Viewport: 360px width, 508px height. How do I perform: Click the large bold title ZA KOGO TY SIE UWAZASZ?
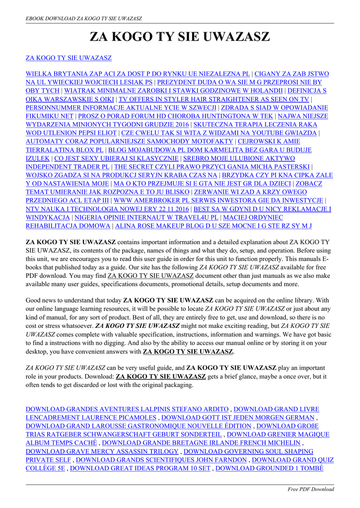click(180, 37)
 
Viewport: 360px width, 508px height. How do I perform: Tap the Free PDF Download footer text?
click(311, 489)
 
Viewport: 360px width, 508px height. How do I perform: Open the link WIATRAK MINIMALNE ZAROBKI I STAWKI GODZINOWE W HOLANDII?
click(174, 91)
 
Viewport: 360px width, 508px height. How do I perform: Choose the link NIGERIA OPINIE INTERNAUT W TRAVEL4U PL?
click(147, 217)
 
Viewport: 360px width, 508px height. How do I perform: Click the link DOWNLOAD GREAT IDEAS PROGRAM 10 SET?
click(141, 468)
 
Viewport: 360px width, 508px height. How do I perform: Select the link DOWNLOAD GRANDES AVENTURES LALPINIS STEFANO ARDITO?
click(127, 409)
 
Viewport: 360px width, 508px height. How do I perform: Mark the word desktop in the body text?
click(37, 351)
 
